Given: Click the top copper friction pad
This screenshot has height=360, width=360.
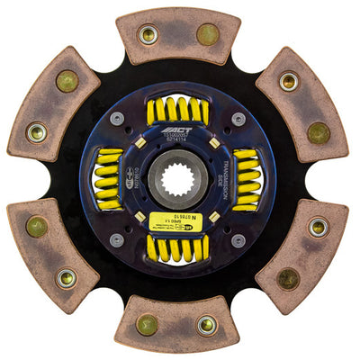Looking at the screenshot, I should pyautogui.click(x=178, y=36).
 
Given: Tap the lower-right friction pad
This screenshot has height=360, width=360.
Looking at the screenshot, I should pyautogui.click(x=302, y=255).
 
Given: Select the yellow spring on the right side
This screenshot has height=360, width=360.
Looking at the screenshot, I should pyautogui.click(x=246, y=180).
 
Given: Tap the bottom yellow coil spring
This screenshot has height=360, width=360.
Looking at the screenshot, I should pyautogui.click(x=177, y=247).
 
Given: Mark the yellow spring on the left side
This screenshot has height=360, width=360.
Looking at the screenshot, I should pyautogui.click(x=108, y=179).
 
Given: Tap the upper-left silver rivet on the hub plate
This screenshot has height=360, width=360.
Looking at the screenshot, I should pyautogui.click(x=118, y=119).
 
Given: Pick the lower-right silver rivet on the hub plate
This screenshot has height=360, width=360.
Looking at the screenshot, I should pyautogui.click(x=238, y=240).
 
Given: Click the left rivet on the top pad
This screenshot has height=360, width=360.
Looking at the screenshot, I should pyautogui.click(x=148, y=36).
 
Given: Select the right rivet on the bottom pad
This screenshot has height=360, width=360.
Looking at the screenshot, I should pyautogui.click(x=207, y=324).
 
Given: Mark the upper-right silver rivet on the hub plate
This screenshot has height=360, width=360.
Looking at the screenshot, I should pyautogui.click(x=238, y=119).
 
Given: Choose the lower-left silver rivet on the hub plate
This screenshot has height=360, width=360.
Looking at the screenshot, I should pyautogui.click(x=118, y=240).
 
